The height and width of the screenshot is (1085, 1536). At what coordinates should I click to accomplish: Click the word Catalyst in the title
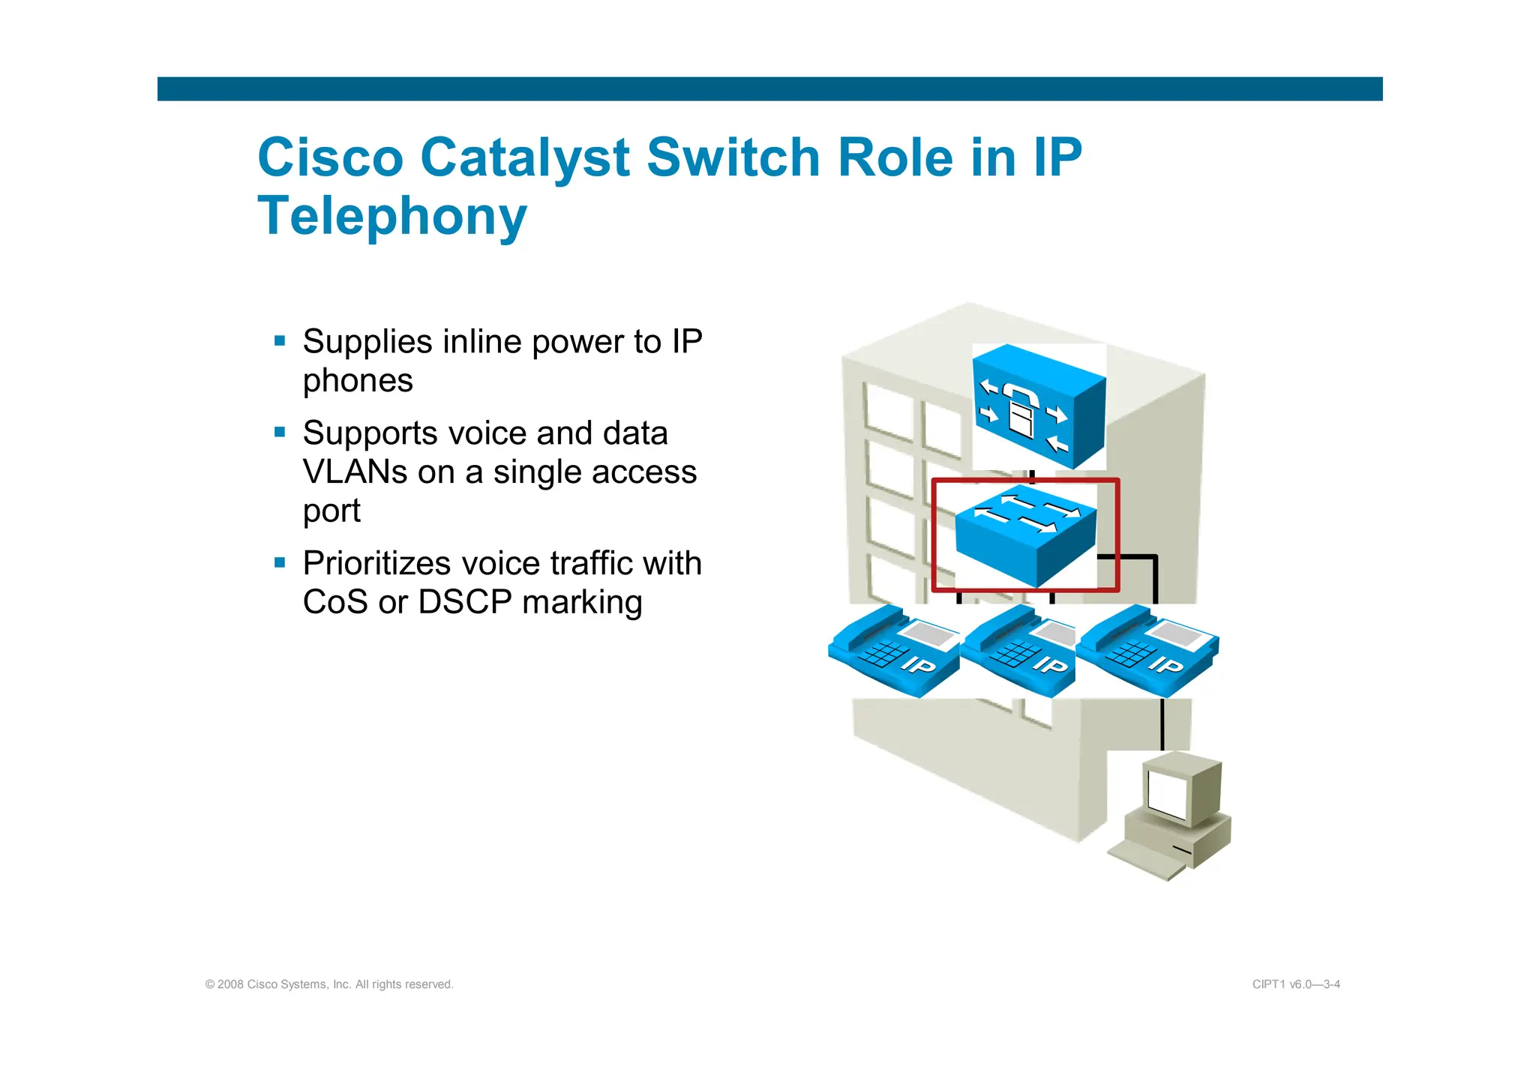[x=524, y=158]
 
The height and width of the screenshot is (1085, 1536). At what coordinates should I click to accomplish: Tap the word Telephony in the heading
[x=391, y=216]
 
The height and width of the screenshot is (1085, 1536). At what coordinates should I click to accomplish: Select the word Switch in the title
[x=733, y=158]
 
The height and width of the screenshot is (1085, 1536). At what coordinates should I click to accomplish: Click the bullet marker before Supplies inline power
[x=280, y=341]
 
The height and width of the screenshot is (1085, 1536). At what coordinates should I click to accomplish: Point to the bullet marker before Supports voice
[x=280, y=432]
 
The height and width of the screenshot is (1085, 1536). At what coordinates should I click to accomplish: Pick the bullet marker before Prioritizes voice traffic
[x=280, y=562]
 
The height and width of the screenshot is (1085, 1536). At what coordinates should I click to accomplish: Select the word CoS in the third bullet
[x=334, y=602]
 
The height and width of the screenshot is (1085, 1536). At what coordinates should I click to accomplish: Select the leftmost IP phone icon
[x=893, y=650]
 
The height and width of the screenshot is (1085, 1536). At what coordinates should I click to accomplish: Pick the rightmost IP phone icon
[x=1147, y=650]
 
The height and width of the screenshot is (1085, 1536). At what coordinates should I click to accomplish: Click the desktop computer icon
[x=1171, y=817]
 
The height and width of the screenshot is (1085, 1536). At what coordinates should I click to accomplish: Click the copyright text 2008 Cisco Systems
[x=329, y=985]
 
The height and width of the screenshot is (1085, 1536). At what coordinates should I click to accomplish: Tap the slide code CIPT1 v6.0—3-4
[x=1296, y=985]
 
